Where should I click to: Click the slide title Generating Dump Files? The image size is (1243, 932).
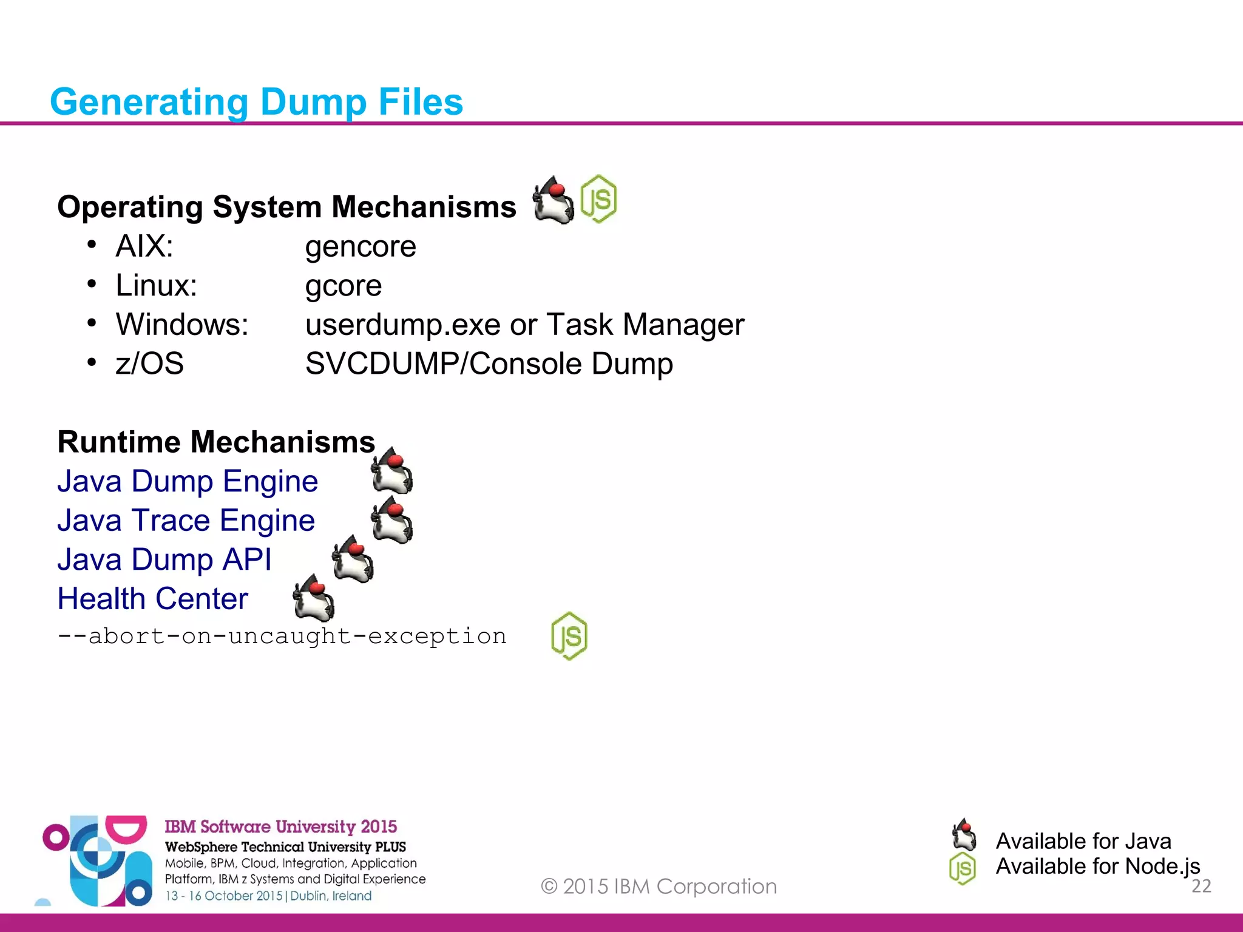pyautogui.click(x=256, y=102)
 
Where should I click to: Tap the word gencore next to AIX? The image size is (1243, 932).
pyautogui.click(x=361, y=247)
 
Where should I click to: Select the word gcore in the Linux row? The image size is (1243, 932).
pyautogui.click(x=344, y=286)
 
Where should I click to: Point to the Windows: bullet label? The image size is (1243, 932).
pyautogui.click(x=182, y=325)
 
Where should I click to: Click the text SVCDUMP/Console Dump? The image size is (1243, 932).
pyautogui.click(x=489, y=364)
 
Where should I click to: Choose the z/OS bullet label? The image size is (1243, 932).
pyautogui.click(x=149, y=364)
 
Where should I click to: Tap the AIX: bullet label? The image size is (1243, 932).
pyautogui.click(x=144, y=247)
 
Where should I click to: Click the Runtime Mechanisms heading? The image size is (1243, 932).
pyautogui.click(x=216, y=442)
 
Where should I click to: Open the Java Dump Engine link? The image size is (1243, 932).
pyautogui.click(x=188, y=481)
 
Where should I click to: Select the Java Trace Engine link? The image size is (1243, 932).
pyautogui.click(x=186, y=521)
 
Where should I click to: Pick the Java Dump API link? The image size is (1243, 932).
pyautogui.click(x=164, y=559)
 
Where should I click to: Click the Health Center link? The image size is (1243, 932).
pyautogui.click(x=153, y=599)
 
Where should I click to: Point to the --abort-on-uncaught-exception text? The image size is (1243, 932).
pyautogui.click(x=282, y=637)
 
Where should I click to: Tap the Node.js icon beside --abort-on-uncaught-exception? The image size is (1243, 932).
pyautogui.click(x=569, y=636)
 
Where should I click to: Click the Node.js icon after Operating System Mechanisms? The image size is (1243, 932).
pyautogui.click(x=598, y=199)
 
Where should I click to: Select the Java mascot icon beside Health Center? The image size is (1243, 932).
pyautogui.click(x=314, y=598)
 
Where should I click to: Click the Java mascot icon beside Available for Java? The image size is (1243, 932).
pyautogui.click(x=964, y=836)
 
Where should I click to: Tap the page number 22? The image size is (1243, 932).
pyautogui.click(x=1201, y=886)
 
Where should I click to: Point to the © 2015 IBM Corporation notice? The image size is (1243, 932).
pyautogui.click(x=659, y=886)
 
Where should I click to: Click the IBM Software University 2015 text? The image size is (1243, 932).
pyautogui.click(x=280, y=826)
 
